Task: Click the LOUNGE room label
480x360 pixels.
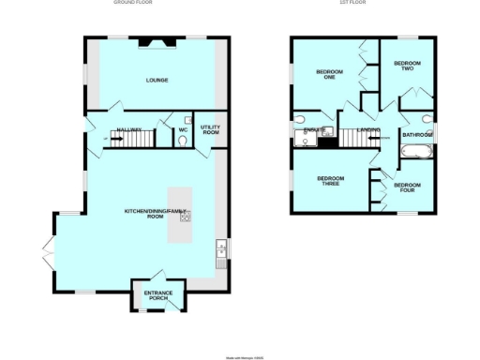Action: tap(157, 81)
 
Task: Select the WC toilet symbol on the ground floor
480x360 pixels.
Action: tap(182, 140)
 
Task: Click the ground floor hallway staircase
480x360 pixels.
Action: tap(130, 140)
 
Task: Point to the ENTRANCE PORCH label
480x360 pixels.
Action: tap(157, 296)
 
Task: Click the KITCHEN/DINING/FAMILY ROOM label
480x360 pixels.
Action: tap(157, 212)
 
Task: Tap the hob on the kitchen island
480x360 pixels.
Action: tap(185, 217)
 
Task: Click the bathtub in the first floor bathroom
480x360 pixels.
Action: tap(415, 151)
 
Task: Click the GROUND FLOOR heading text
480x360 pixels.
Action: tap(132, 3)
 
